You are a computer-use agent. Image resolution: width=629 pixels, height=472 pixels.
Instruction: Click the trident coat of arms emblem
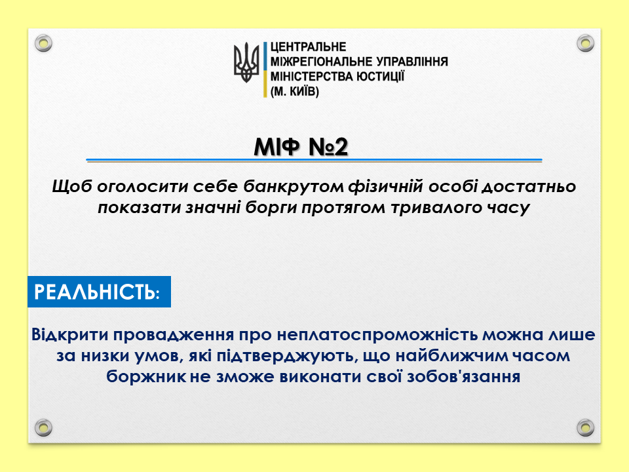(x=246, y=63)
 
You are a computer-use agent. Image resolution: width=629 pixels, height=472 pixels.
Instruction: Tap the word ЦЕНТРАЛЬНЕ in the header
(x=308, y=47)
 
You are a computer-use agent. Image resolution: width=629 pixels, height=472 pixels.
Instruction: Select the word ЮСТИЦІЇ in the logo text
(x=380, y=76)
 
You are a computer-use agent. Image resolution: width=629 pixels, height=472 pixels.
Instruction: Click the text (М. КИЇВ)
(x=295, y=92)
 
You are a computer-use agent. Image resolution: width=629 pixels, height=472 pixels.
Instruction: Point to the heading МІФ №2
(x=301, y=146)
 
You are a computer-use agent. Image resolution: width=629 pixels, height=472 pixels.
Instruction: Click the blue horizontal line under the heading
(x=314, y=160)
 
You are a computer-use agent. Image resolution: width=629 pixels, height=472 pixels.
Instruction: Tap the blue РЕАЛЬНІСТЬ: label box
(x=99, y=291)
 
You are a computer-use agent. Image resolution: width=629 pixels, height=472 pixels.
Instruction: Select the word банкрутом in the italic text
(x=294, y=186)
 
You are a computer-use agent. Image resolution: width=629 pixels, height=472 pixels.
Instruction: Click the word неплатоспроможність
(x=377, y=335)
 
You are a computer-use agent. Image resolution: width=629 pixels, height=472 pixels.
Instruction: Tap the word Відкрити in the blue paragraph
(x=70, y=334)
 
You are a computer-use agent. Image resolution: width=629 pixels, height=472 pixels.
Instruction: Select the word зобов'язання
(x=463, y=376)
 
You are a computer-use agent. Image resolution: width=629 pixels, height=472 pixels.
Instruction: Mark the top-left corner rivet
(x=43, y=43)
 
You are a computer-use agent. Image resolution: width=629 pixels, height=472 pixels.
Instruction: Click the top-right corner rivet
(x=585, y=43)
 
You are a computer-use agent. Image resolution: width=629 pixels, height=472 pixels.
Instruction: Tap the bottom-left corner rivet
(x=43, y=427)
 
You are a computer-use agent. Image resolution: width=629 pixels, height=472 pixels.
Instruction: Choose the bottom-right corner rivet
(x=585, y=427)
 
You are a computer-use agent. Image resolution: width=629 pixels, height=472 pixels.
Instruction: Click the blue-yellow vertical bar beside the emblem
(x=265, y=69)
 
